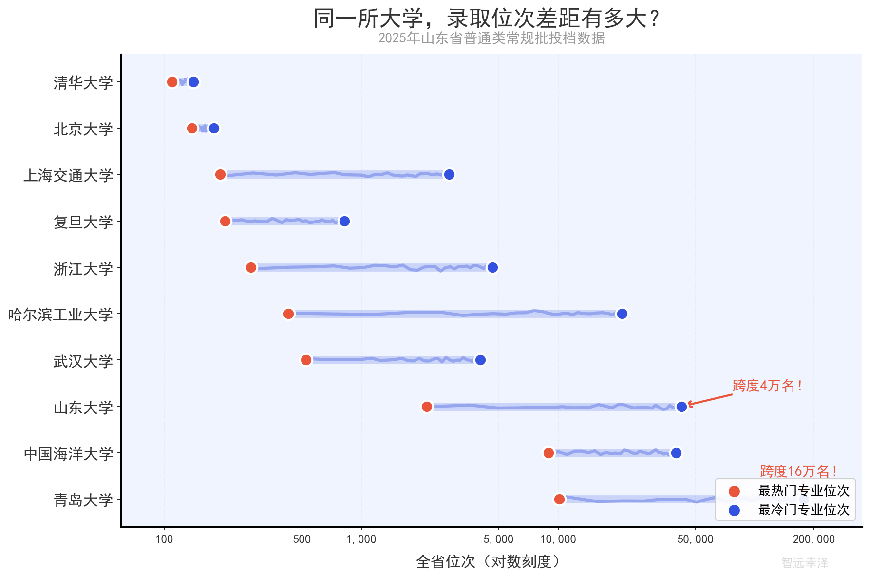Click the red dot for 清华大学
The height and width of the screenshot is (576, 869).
click(x=172, y=82)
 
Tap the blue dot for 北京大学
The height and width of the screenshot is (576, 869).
click(x=214, y=129)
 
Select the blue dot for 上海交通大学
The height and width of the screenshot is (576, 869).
click(x=449, y=174)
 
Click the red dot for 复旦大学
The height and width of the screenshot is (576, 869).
click(x=225, y=222)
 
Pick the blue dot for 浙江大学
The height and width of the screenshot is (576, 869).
click(x=492, y=267)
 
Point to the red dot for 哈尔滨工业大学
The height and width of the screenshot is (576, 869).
click(x=288, y=314)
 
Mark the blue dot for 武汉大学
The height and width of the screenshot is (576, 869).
click(x=480, y=360)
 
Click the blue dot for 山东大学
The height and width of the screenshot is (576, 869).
click(x=681, y=406)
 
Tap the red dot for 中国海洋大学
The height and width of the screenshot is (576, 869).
click(x=548, y=453)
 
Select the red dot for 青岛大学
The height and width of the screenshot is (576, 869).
click(x=559, y=499)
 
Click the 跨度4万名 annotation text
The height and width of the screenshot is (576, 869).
click(x=767, y=386)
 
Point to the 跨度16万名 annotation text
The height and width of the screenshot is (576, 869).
click(x=798, y=471)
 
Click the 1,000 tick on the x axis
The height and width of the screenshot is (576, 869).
click(x=361, y=539)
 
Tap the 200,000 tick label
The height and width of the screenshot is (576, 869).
click(x=813, y=539)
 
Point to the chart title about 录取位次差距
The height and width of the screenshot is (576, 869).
click(x=487, y=19)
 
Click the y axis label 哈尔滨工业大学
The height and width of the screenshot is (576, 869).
click(x=60, y=315)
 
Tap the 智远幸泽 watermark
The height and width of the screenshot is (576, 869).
click(x=805, y=563)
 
